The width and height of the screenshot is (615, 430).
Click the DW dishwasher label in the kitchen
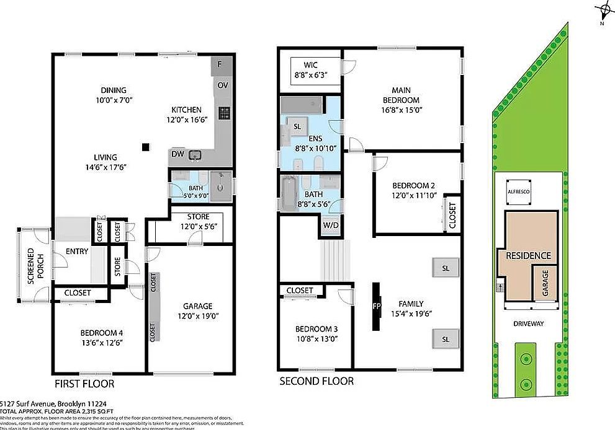click(x=177, y=154)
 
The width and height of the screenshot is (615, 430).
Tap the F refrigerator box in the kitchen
click(x=222, y=64)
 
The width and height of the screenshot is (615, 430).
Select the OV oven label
click(x=222, y=86)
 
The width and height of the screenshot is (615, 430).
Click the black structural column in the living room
click(x=145, y=147)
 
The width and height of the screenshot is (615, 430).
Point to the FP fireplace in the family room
click(x=376, y=306)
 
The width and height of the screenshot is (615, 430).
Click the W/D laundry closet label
click(x=330, y=226)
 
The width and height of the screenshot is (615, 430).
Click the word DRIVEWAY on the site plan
click(x=528, y=323)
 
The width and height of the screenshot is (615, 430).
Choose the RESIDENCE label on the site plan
click(x=527, y=255)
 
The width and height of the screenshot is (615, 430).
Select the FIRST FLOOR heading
click(x=84, y=384)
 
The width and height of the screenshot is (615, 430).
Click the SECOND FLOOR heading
click(x=316, y=381)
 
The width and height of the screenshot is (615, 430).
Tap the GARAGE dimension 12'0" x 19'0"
click(x=197, y=315)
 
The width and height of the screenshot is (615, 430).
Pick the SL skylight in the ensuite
click(x=297, y=126)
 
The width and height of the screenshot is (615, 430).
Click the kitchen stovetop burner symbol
click(x=224, y=113)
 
